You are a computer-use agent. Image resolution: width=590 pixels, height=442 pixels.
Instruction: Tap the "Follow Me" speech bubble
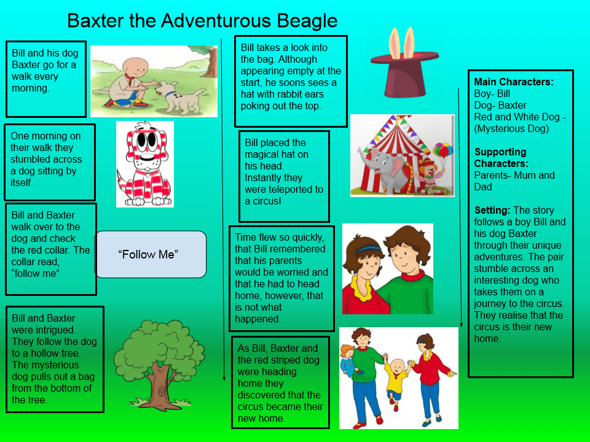click(151, 254)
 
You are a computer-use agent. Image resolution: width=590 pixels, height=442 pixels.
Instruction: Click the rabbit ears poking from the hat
click(402, 42)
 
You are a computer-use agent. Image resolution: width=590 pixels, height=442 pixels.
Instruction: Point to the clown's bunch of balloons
click(442, 150)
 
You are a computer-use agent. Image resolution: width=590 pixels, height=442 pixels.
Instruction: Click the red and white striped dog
click(145, 165)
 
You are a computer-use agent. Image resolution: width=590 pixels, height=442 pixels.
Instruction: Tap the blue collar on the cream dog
click(170, 94)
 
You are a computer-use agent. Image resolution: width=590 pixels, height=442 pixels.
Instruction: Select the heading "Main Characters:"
click(514, 82)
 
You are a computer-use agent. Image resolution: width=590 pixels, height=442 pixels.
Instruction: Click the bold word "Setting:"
click(492, 210)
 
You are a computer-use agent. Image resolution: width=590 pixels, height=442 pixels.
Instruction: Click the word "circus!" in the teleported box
click(267, 201)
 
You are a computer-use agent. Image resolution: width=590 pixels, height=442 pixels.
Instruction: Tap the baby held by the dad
click(349, 359)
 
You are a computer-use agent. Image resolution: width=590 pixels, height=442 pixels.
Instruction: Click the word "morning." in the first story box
click(31, 88)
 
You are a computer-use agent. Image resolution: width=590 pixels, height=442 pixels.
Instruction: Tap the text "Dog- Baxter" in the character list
click(500, 105)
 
